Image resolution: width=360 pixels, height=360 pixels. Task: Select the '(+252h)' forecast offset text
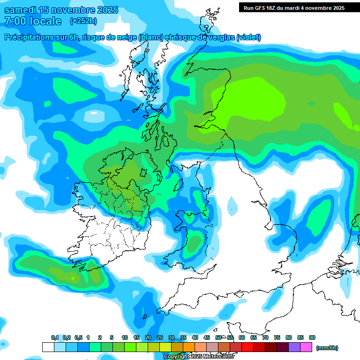84,21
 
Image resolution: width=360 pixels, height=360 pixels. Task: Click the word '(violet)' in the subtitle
248,37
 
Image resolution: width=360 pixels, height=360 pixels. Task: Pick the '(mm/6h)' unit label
327,348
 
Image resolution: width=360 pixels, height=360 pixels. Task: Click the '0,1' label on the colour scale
55,337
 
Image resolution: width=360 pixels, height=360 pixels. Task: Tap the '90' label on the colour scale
312,337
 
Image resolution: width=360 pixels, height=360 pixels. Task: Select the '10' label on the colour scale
125,337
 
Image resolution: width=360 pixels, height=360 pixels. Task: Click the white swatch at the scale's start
48,347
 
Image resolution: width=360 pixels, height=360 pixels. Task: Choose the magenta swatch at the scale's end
306,347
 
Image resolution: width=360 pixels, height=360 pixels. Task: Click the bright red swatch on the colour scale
247,347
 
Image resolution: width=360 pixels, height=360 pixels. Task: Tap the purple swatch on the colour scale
294,347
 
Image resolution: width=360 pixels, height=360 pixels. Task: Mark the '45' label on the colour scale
207,337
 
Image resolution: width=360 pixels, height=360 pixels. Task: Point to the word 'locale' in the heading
45,21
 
